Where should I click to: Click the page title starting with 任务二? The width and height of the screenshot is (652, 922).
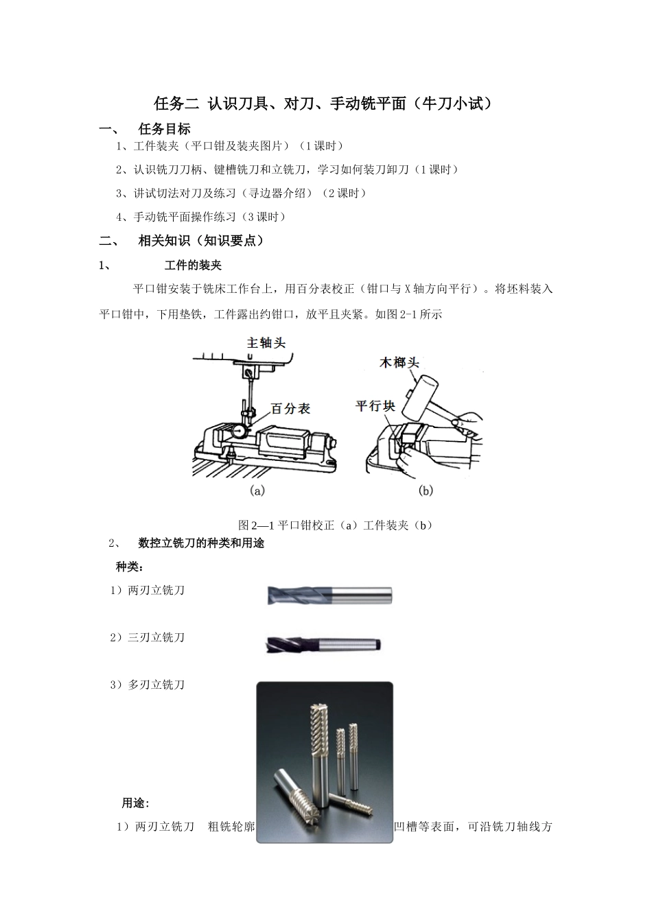[x=323, y=104]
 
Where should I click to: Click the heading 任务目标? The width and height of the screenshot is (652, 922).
[x=164, y=129]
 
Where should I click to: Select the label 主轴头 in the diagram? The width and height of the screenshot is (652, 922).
[x=266, y=342]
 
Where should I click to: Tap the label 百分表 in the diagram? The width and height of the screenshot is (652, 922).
[x=291, y=409]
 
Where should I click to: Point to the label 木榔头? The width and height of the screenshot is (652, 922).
[x=399, y=362]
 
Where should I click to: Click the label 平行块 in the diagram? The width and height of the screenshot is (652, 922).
[x=375, y=406]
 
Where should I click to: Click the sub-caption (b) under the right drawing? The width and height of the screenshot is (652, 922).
[x=426, y=490]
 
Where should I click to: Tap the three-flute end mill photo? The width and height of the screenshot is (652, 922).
[x=323, y=644]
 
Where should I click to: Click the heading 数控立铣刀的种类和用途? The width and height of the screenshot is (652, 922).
[x=201, y=543]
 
